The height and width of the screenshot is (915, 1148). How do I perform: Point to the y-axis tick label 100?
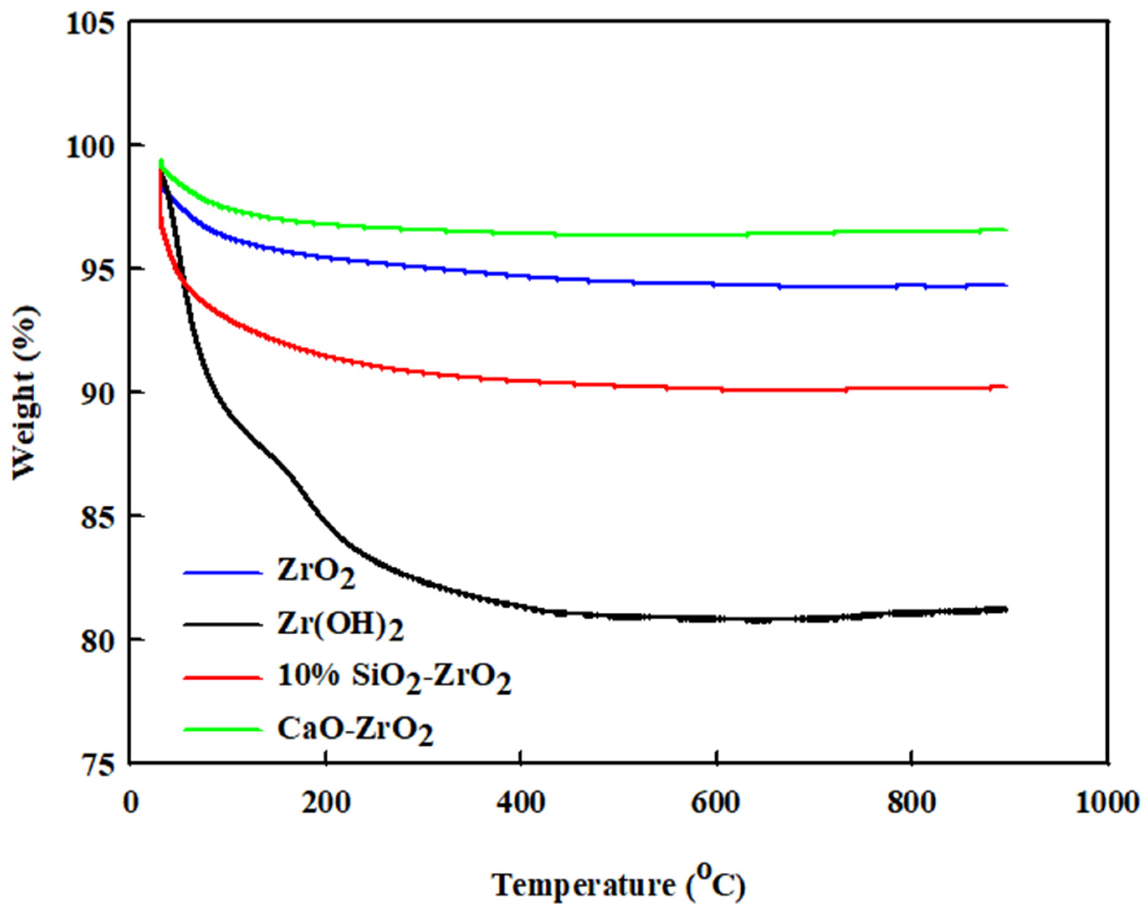(x=90, y=146)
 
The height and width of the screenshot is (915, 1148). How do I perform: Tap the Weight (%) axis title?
(x=25, y=392)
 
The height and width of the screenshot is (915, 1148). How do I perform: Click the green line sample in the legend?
(x=223, y=729)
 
